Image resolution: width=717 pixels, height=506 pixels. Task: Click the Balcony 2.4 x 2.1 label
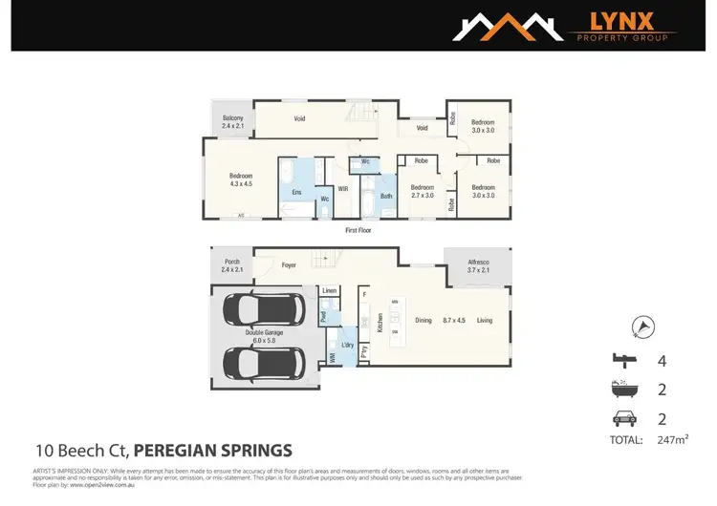233,122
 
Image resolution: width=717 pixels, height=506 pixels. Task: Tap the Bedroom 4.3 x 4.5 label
240,179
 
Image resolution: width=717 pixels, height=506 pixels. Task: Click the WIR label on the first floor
342,189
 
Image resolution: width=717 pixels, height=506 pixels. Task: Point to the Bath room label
386,197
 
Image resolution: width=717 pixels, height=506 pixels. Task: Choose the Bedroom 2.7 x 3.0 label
422,191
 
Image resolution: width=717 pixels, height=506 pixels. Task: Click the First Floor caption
358,230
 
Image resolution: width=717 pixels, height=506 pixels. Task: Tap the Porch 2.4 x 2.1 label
232,266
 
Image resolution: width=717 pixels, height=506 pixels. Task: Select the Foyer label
290,266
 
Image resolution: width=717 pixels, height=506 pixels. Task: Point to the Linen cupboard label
329,290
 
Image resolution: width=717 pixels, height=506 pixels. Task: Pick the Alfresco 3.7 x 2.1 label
477,266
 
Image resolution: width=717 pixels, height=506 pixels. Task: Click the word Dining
424,320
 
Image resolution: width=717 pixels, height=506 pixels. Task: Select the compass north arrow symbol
644,327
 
